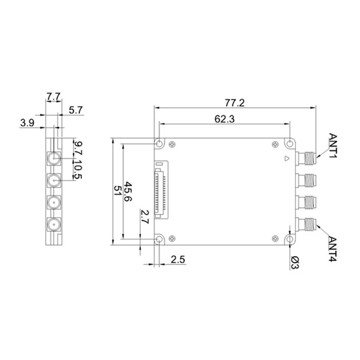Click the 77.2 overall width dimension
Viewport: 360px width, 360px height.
pos(234,103)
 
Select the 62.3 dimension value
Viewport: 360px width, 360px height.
pos(225,119)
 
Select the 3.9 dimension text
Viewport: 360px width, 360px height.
pos(27,122)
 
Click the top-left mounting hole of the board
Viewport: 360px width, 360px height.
pos(160,144)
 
